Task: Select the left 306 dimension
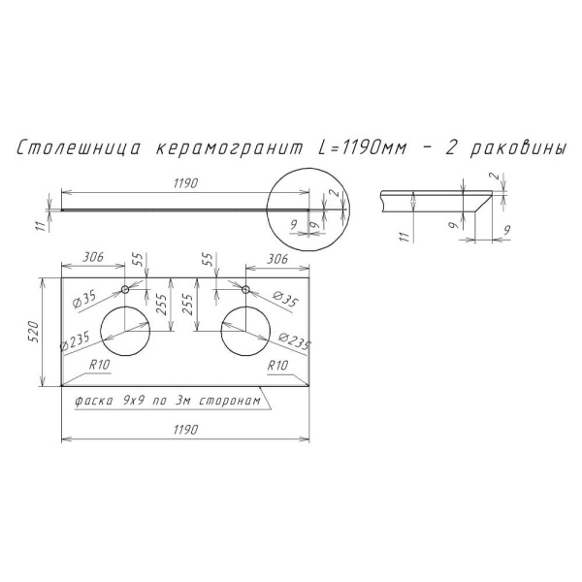(x=91, y=260)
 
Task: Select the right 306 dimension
(x=276, y=260)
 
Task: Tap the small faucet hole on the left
(x=125, y=289)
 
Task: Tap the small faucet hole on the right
(x=245, y=289)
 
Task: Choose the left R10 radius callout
(x=99, y=366)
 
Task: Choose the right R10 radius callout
(x=276, y=366)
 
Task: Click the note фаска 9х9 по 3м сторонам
(x=163, y=401)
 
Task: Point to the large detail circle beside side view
(x=309, y=208)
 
